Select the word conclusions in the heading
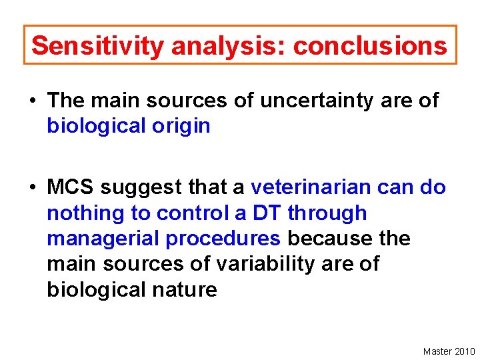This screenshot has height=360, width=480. [x=370, y=46]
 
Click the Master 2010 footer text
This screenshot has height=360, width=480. [x=449, y=351]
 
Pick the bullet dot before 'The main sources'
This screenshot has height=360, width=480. [x=32, y=101]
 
